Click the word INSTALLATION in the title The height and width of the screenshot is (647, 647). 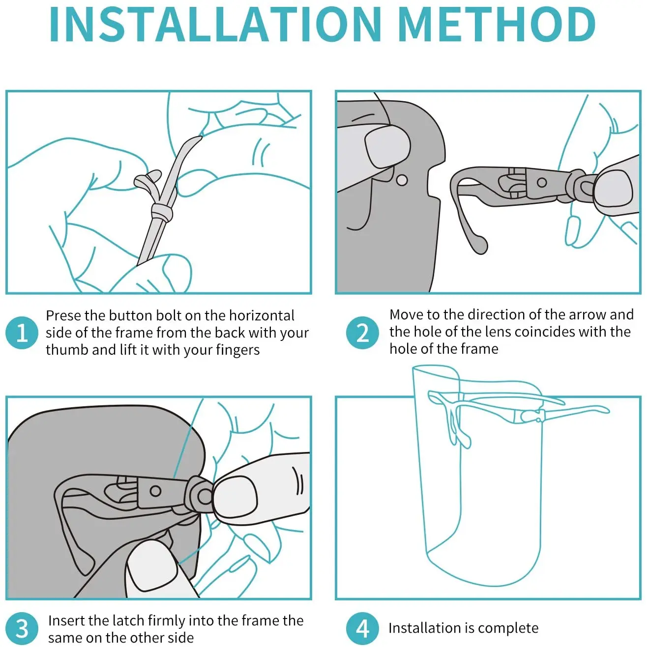(215, 24)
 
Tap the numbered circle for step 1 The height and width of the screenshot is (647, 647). (22, 333)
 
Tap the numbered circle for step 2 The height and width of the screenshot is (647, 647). (362, 333)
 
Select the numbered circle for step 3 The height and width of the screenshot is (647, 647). (22, 629)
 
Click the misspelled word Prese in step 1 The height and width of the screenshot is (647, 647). (63, 315)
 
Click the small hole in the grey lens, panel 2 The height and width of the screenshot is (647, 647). (402, 180)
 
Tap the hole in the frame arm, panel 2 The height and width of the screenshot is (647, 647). (542, 183)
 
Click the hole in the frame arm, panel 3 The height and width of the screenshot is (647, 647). (155, 491)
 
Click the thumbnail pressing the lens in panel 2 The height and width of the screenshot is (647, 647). (387, 148)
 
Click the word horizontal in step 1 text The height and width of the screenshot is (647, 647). (262, 315)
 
